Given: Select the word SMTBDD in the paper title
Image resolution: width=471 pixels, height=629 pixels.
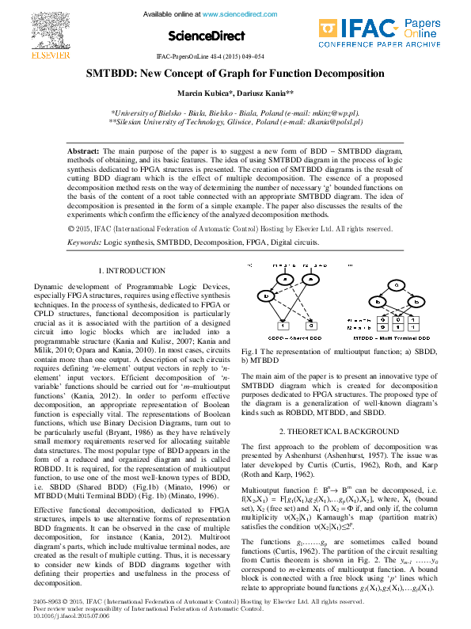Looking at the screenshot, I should click(112, 74).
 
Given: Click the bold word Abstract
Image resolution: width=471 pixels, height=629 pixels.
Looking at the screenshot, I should click(82, 150).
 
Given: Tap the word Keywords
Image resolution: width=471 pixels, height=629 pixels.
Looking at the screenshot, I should click(84, 240).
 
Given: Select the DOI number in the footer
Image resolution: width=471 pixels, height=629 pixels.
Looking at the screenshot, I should click(61, 616).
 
